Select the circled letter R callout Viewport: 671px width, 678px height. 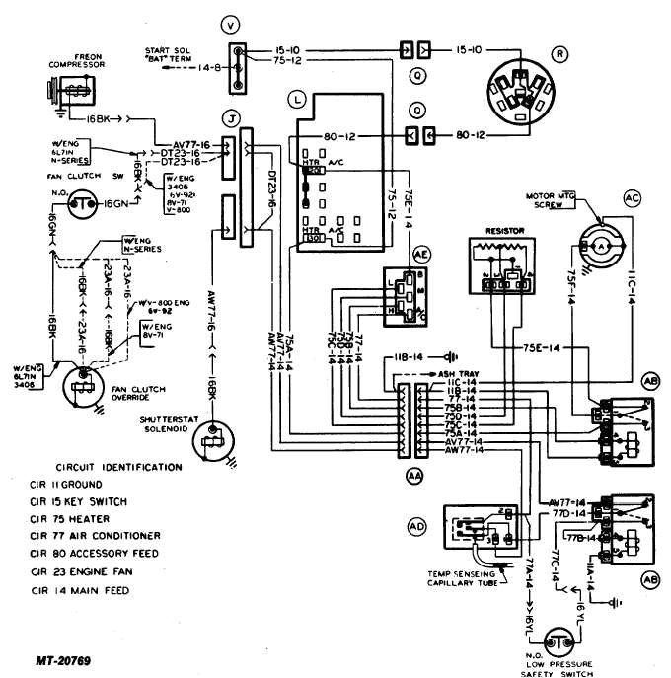[x=559, y=55]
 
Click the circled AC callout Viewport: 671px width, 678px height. [x=633, y=197]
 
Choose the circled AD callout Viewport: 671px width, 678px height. [x=417, y=527]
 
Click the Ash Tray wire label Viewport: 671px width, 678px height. [x=458, y=374]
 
